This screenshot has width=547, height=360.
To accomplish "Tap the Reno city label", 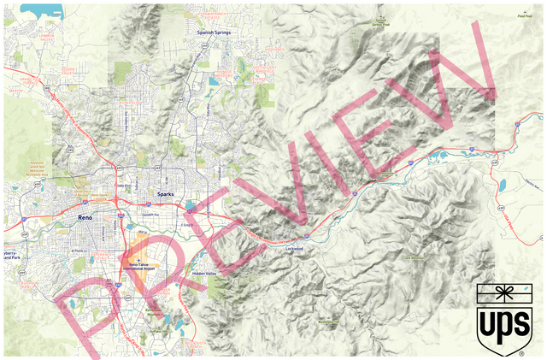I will (x=85, y=219).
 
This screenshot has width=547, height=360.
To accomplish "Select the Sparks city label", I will (x=166, y=195).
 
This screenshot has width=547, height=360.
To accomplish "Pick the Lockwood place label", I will (x=297, y=249).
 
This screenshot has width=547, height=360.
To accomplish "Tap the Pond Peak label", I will (x=523, y=15).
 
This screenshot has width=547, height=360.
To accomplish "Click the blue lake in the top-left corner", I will (x=43, y=11).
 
